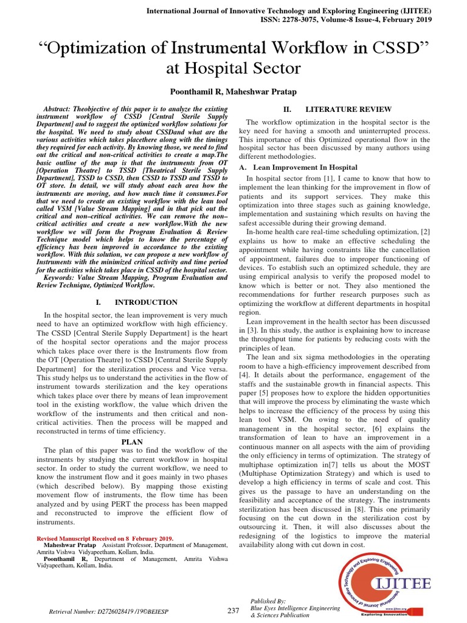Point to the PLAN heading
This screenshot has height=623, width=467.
coord(131,441)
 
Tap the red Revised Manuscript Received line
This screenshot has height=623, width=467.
coord(105,538)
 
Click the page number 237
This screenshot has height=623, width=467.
coord(233,611)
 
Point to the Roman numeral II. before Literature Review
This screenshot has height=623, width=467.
coord(271,109)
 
